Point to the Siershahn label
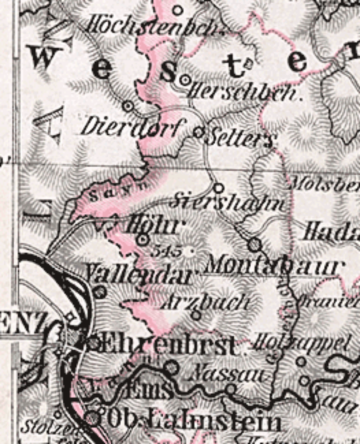[229, 202]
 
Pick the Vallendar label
[138, 274]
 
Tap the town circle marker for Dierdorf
[128, 106]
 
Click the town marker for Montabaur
[254, 245]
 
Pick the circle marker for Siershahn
[218, 187]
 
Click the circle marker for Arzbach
[196, 315]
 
